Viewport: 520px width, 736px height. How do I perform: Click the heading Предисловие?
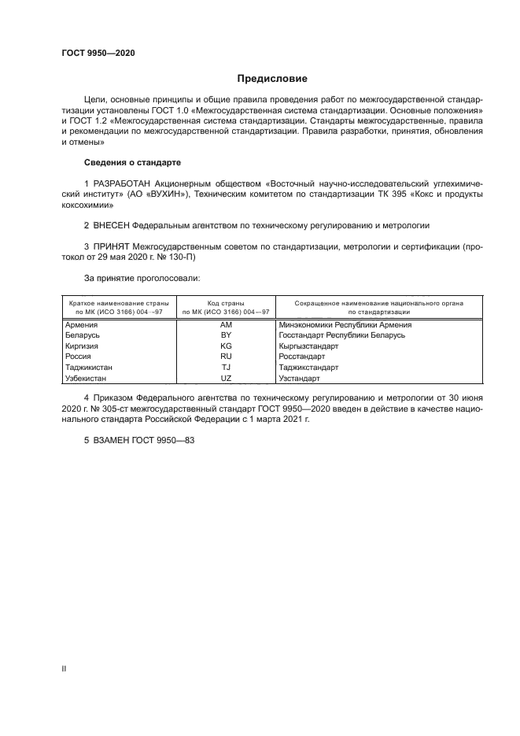(x=272, y=79)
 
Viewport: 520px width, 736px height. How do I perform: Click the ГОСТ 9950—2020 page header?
(x=98, y=52)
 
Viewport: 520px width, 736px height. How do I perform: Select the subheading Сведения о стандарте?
(x=132, y=162)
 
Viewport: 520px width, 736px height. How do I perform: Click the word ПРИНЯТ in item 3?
(x=113, y=246)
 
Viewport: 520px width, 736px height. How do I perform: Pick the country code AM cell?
(x=227, y=324)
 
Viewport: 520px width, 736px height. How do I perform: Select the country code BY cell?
(x=227, y=335)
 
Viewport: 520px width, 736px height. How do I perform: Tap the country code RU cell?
(x=227, y=357)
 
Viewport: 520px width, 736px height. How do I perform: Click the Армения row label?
(x=82, y=324)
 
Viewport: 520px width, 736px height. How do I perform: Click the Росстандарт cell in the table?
(x=302, y=357)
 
